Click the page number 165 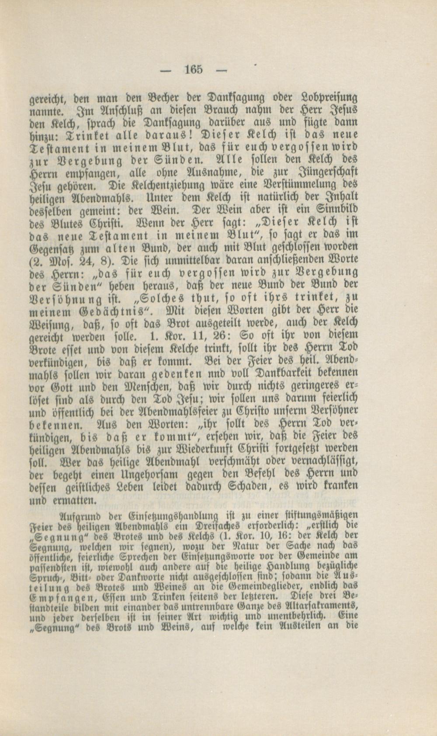tap(194, 69)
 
